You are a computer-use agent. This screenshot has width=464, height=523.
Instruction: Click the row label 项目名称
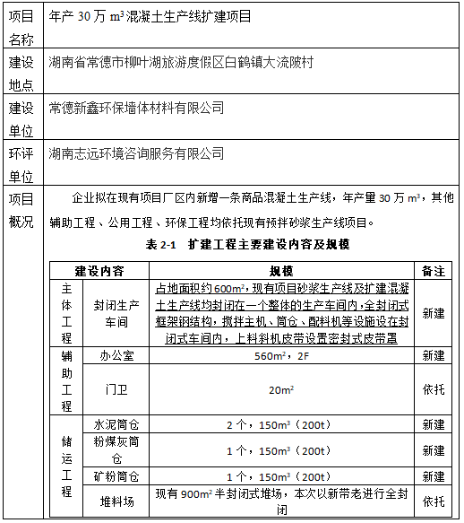[x=21, y=27]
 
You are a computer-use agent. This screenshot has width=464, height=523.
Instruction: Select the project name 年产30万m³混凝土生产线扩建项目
[x=150, y=17]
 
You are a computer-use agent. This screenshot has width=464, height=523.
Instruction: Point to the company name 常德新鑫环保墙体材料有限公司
[x=136, y=108]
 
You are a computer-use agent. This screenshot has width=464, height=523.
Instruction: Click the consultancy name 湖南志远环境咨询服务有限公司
[x=136, y=153]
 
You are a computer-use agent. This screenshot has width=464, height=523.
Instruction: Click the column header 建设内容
[x=99, y=269]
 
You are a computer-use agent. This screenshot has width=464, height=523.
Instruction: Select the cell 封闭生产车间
[x=117, y=312]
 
